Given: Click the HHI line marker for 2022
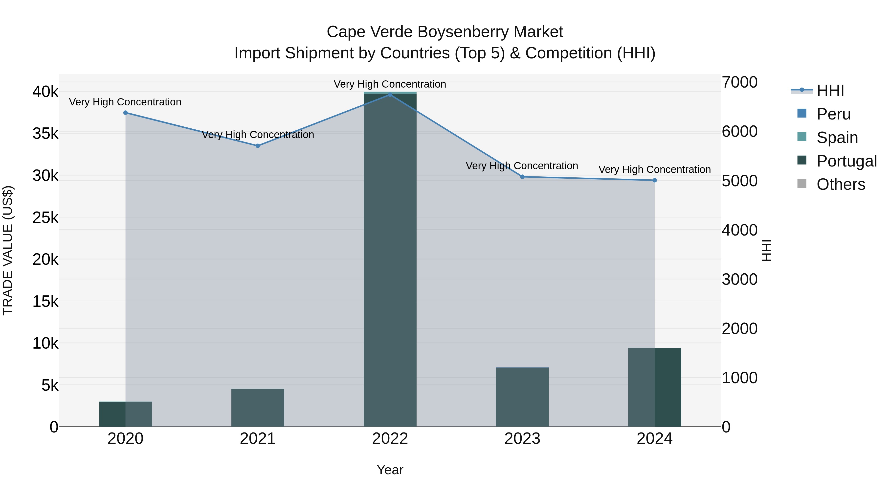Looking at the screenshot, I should point(390,95).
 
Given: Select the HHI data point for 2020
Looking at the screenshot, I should point(125,113).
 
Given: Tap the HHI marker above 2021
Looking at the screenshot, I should point(258,146).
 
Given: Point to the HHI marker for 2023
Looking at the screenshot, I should point(522,177).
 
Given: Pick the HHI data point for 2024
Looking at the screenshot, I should point(655,180).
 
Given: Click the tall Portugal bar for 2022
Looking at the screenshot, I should point(390,259).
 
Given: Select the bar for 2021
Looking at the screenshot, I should point(258,408).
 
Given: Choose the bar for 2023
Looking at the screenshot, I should point(522,397).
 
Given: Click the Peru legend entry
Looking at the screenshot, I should point(833,114).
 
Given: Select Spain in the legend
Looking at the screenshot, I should point(837,138).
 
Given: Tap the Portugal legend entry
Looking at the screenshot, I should point(846,161).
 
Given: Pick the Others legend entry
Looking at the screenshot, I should point(841,185).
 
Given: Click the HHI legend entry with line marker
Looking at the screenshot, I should point(830,91).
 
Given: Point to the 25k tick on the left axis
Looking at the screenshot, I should point(45,217).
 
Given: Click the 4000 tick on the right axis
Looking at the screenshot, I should point(739,230).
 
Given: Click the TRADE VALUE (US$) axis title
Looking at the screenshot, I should point(8,250).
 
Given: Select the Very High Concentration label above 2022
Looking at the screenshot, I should point(390,84).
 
